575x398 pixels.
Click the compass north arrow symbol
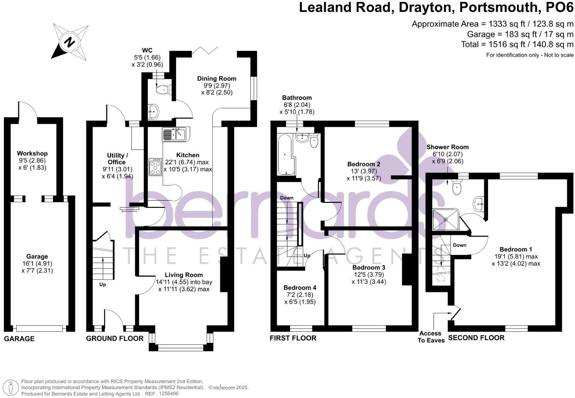pos(70,41)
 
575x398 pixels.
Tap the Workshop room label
pos(32,153)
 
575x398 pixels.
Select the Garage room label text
pos(37,256)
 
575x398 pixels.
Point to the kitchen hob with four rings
pos(155,167)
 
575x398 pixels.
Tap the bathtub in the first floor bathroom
pos(286,154)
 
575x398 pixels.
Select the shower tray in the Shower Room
pos(446,219)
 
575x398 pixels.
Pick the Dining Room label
pos(217,79)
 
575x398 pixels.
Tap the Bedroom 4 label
pos(300,288)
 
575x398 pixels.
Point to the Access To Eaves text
pos(431,337)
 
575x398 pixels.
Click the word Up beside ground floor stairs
pos(102,285)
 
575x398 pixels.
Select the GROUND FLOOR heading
pos(114,338)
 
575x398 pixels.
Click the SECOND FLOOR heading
pos(476,338)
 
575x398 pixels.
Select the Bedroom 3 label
pos(369,267)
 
